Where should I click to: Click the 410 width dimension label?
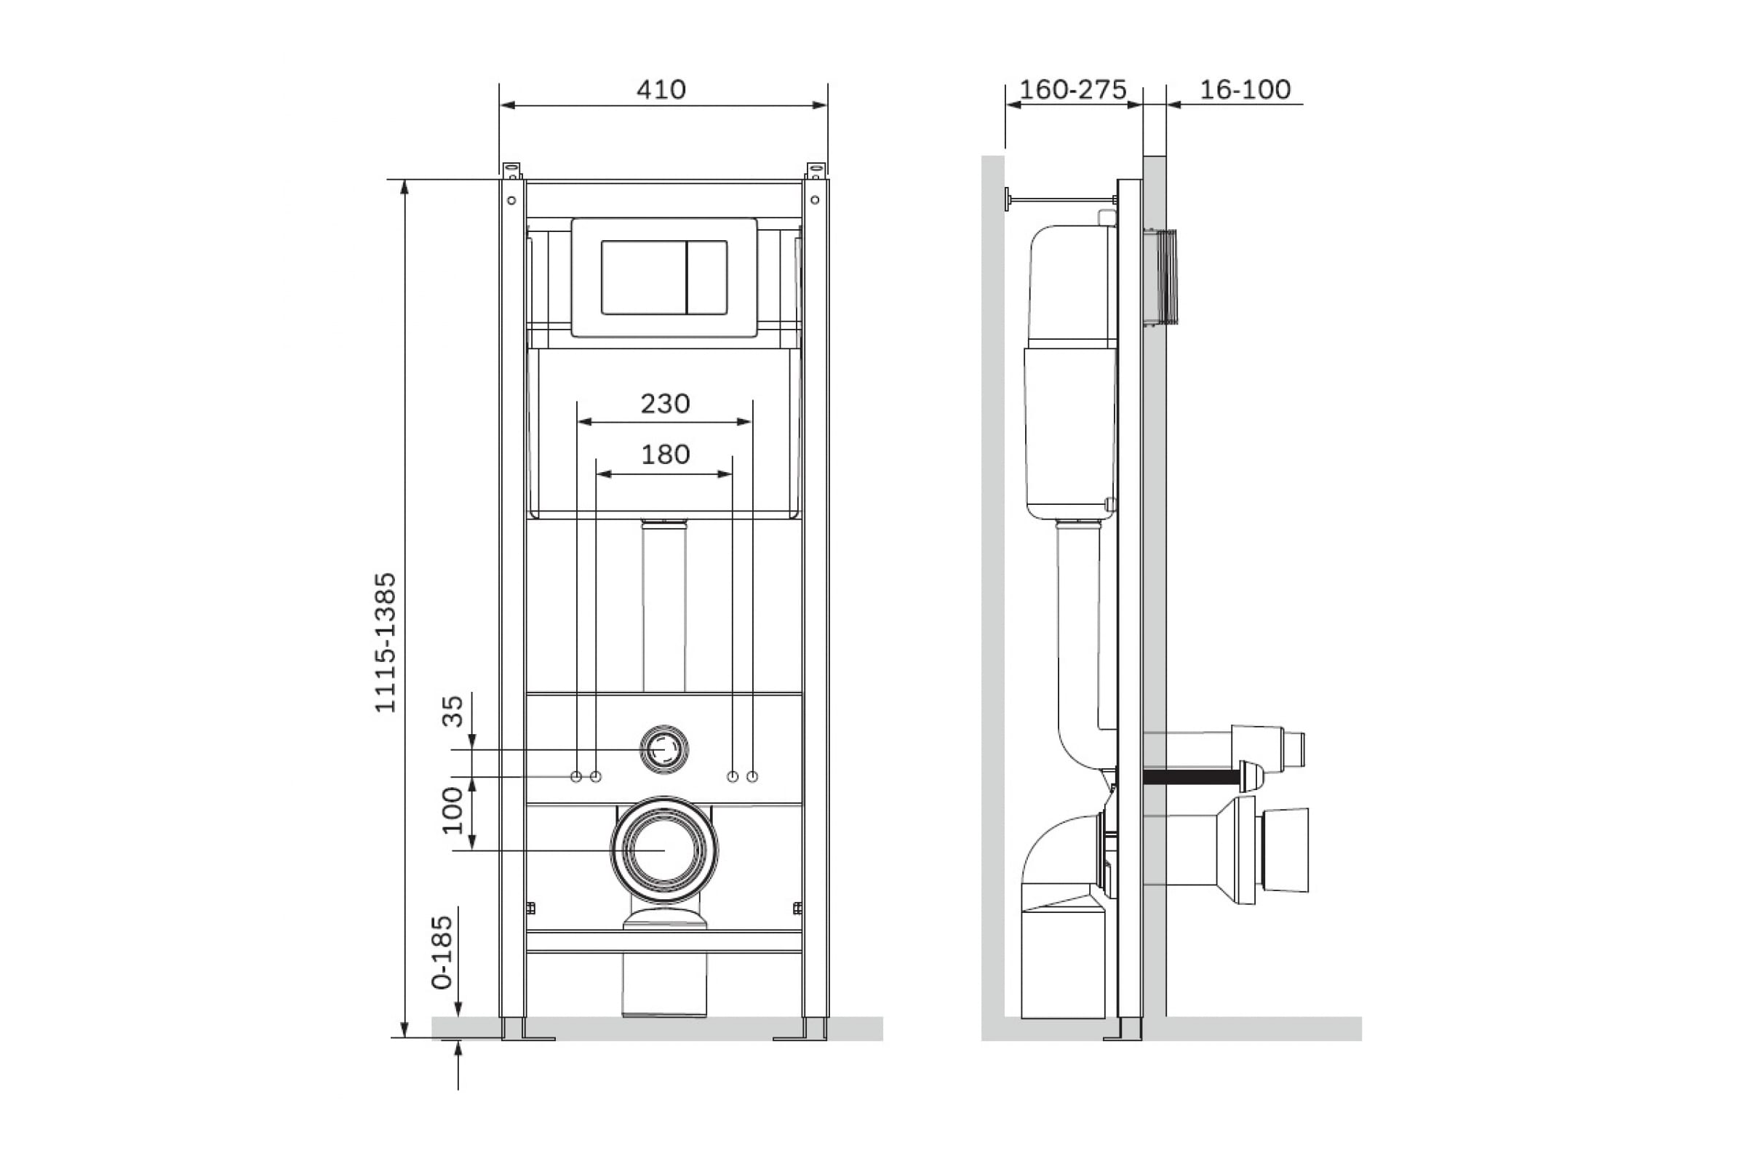tap(661, 89)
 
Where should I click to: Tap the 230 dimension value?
tap(665, 404)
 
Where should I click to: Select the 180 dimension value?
tap(665, 454)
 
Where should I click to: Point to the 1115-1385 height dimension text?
tap(386, 642)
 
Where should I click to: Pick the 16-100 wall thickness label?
tap(1245, 89)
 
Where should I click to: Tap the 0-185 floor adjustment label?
tap(442, 952)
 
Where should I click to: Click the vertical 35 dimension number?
tap(452, 711)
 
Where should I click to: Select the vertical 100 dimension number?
tap(452, 810)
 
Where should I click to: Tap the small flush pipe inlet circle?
tap(664, 750)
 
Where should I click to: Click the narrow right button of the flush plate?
tap(706, 277)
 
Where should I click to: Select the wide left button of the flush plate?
tap(644, 277)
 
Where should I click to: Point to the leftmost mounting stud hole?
tap(576, 776)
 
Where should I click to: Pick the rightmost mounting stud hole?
tap(752, 776)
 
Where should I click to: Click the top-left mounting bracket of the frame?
tap(512, 171)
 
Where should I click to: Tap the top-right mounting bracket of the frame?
tap(816, 171)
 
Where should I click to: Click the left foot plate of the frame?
tap(528, 1038)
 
